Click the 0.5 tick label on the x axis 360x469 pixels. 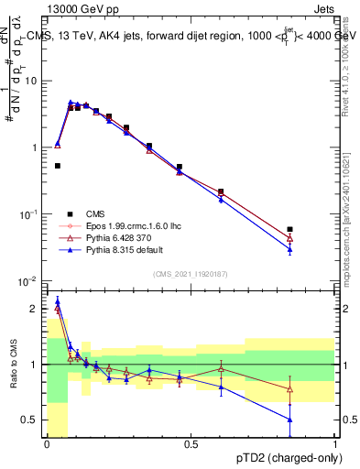[x=191, y=444]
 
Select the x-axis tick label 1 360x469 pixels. [x=336, y=444]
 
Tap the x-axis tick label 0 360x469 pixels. [x=47, y=444]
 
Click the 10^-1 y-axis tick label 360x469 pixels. [x=27, y=213]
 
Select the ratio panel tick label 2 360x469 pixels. [x=37, y=309]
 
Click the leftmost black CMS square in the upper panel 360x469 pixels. [x=58, y=166]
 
